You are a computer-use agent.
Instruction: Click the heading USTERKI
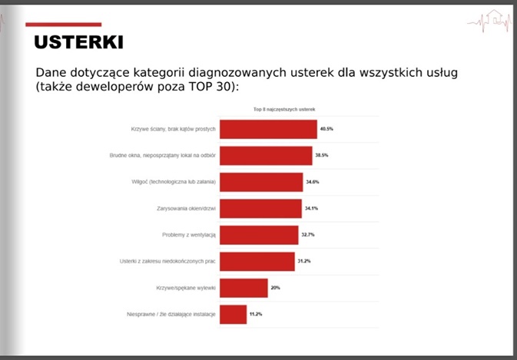coord(79,42)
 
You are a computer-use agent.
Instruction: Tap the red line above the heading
coord(63,25)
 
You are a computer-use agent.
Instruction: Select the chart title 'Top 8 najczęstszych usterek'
coord(284,109)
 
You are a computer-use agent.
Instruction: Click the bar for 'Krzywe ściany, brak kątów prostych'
coord(268,129)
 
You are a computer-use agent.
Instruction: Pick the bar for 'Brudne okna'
coord(266,156)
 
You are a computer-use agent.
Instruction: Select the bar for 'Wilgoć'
coord(261,182)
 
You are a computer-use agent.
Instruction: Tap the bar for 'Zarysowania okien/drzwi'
coord(261,209)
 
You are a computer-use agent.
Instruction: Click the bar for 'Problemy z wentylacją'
coord(259,235)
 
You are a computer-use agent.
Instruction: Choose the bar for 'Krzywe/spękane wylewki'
coord(244,288)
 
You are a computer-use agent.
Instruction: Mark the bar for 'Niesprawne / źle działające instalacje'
coord(234,315)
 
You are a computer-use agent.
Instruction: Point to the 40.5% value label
coord(326,129)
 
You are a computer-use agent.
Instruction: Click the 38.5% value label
coord(322,155)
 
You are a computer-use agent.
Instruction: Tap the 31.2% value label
coord(304,261)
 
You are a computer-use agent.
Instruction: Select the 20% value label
coord(275,288)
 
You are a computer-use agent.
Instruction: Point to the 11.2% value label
coord(256,314)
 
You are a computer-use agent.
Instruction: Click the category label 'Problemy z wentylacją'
coord(189,235)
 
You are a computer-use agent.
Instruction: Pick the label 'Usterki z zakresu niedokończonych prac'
coord(167,261)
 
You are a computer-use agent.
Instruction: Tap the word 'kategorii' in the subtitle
coord(158,73)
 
